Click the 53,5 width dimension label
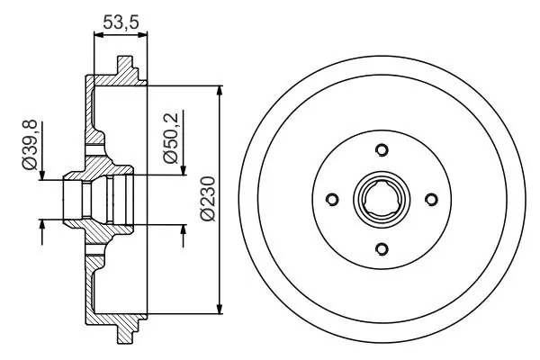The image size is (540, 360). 121,22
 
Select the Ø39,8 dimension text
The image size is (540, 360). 30,144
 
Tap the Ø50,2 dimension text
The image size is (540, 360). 171,138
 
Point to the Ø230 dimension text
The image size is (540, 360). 208,199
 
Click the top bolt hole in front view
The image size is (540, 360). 382,150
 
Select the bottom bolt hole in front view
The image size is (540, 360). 382,248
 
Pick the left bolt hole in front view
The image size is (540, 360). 332,199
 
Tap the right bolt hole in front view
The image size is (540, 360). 431,199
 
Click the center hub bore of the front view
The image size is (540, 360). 382,199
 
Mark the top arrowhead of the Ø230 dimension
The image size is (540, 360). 220,91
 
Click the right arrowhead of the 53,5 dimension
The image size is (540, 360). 142,34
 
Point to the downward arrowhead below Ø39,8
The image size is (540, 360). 42,174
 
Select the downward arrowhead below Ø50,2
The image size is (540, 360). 184,169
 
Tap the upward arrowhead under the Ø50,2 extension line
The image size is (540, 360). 184,230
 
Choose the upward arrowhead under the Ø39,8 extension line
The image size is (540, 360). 42,225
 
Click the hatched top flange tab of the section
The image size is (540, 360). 126,70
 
